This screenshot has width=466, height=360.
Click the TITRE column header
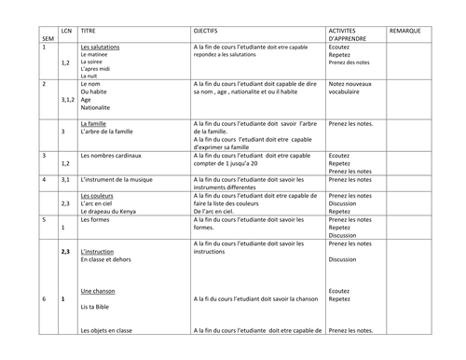[90, 31]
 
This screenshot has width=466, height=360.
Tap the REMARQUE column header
[405, 31]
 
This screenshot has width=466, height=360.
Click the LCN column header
[65, 31]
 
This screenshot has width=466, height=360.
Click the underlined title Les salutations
[101, 47]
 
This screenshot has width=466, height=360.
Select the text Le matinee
[97, 54]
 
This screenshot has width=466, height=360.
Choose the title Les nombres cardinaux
[116, 155]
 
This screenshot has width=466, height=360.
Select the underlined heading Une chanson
[98, 290]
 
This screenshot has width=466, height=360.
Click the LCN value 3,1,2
[67, 97]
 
